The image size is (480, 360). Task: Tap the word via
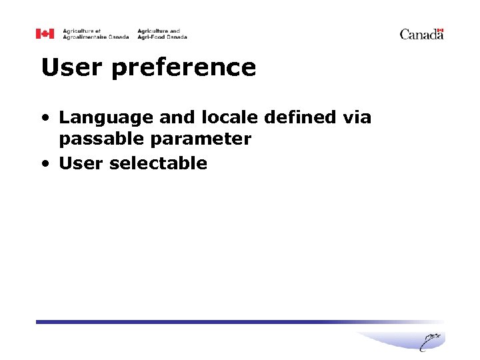357,117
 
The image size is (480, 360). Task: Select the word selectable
158,163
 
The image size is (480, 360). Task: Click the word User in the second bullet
79,163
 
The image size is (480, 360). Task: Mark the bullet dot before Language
45,119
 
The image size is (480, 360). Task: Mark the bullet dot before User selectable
45,164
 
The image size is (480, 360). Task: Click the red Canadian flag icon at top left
45,34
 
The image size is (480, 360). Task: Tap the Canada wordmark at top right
421,35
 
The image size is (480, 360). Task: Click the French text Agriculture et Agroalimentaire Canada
95,34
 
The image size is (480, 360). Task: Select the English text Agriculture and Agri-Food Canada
162,34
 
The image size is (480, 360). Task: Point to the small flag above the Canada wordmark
440,30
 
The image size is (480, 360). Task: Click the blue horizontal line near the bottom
200,322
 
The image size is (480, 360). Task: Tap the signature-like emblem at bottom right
429,343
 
